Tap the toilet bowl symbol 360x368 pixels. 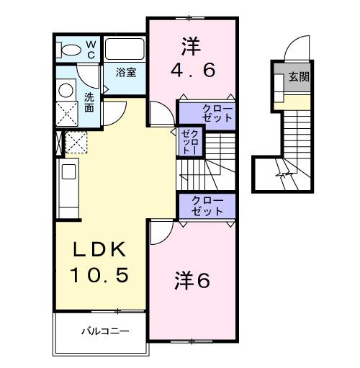pos(71,49)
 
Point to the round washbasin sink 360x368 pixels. pos(66,91)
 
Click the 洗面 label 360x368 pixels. pos(89,102)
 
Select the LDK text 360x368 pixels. pos(100,250)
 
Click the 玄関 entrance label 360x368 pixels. pos(299,76)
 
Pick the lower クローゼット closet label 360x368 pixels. pos(207,206)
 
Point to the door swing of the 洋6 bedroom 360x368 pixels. pos(160,232)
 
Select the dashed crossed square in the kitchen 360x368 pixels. pos(76,142)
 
